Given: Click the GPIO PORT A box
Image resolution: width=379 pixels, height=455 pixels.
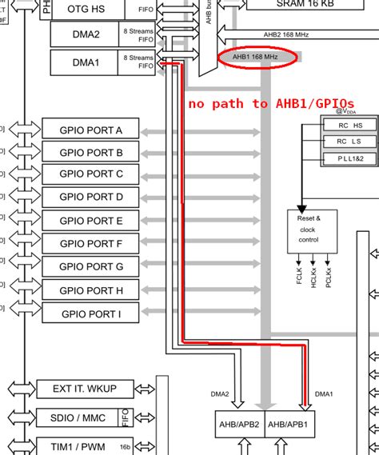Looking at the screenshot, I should [91, 130].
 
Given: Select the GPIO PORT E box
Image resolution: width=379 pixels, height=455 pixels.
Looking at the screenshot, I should [91, 221].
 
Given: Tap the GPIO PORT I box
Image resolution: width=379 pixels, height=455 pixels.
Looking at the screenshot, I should [91, 313].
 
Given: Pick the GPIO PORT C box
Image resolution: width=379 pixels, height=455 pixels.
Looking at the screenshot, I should [91, 174].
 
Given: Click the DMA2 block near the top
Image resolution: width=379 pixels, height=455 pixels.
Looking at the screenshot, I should [86, 34].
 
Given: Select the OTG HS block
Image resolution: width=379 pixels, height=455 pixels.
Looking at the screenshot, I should [86, 9].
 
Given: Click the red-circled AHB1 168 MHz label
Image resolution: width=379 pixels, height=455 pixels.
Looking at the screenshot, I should [257, 57].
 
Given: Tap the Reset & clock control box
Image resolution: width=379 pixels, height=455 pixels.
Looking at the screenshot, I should [307, 229].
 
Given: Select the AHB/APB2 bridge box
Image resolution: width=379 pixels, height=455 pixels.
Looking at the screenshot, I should [238, 422].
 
